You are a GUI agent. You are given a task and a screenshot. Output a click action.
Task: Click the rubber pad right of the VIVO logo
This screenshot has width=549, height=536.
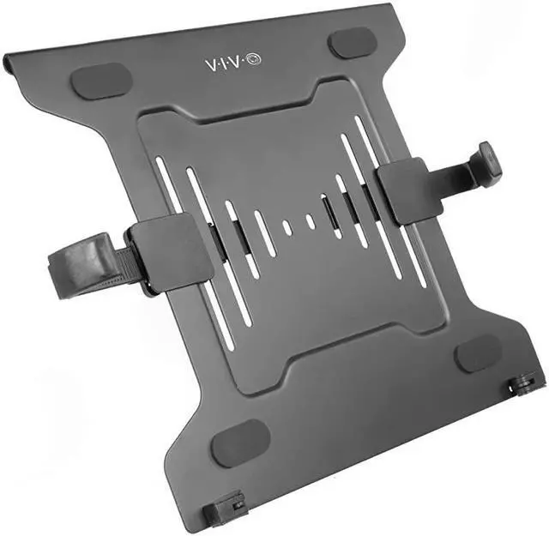click(352, 43)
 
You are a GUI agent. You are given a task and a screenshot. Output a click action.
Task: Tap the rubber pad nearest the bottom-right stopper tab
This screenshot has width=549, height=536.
click(477, 352)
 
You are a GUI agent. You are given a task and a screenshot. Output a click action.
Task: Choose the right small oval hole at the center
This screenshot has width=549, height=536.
click(310, 221)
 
